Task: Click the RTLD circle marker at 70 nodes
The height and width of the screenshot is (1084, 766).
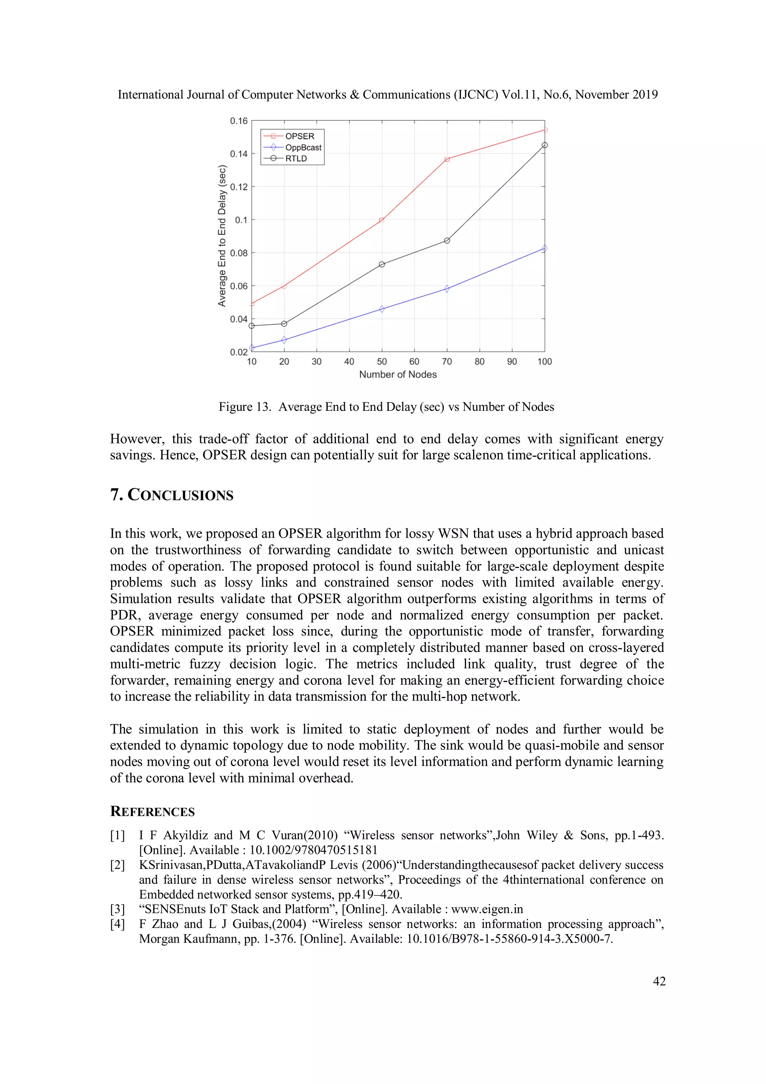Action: click(x=447, y=241)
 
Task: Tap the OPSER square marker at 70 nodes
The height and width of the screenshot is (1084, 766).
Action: click(x=447, y=159)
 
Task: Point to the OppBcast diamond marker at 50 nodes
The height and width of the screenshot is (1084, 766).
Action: click(x=382, y=309)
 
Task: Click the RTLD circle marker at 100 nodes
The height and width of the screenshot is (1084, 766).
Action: click(x=545, y=145)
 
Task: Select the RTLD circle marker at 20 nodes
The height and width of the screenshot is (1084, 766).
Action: click(x=284, y=324)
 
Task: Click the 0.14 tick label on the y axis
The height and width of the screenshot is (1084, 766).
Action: click(x=238, y=154)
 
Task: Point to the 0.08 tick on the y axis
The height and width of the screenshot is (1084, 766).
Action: click(x=238, y=253)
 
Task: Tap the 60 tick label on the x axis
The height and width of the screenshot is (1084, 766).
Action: click(x=414, y=362)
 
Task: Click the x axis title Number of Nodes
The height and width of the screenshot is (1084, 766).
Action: click(x=398, y=375)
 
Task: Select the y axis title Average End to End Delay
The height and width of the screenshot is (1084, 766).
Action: click(x=222, y=236)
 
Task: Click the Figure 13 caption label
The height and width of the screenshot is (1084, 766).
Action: click(x=245, y=407)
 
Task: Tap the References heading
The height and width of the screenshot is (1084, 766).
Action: click(x=153, y=812)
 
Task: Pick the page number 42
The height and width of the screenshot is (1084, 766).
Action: click(x=659, y=981)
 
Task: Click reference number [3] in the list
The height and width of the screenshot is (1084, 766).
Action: click(x=117, y=909)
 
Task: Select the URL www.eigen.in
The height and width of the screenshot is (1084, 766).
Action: click(x=487, y=909)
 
